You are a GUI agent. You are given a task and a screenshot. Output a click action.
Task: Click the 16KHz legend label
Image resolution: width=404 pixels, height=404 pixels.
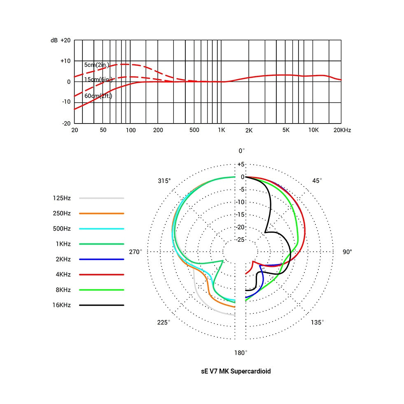click(62, 305)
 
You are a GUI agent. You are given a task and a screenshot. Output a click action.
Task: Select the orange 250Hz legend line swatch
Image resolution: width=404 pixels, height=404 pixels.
click(102, 213)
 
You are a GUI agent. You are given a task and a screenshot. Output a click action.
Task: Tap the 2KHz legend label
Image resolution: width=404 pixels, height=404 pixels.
click(63, 259)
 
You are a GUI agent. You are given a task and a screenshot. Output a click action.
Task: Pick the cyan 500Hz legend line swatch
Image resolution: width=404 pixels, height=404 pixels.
click(102, 229)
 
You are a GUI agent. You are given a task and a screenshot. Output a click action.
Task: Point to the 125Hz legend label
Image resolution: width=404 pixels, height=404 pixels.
click(62, 198)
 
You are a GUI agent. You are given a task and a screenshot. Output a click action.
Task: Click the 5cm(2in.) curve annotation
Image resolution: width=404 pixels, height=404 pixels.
click(97, 65)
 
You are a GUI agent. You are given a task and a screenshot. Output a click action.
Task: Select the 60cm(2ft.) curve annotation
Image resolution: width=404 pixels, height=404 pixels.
click(98, 96)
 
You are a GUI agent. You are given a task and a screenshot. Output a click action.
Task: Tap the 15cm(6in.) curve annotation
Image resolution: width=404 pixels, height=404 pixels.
click(98, 79)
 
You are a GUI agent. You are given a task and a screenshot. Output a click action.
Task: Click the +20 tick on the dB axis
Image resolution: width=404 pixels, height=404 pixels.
click(65, 40)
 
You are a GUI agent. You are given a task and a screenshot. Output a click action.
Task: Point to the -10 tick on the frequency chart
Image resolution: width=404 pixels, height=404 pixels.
click(66, 102)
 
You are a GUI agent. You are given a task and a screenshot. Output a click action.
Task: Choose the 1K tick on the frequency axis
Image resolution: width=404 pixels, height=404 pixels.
click(221, 130)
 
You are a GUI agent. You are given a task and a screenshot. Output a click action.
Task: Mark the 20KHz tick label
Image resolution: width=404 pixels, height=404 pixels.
click(342, 130)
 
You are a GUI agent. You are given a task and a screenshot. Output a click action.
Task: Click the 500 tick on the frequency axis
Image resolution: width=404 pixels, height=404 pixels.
click(194, 130)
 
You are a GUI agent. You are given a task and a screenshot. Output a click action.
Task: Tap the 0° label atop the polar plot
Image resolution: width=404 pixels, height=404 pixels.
click(241, 151)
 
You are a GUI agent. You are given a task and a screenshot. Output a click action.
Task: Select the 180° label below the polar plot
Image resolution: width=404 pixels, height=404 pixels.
click(241, 353)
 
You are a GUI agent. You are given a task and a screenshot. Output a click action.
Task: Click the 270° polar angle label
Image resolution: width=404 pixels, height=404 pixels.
click(135, 252)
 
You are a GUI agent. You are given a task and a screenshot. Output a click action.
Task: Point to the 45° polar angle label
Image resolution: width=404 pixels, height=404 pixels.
click(317, 181)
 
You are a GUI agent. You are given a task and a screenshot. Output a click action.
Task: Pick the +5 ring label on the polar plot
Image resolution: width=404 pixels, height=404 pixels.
click(241, 164)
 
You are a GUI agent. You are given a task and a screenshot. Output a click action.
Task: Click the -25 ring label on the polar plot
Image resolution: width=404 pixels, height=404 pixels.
click(241, 240)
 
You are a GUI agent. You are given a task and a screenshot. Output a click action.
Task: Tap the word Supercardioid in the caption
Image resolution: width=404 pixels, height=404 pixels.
click(250, 371)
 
